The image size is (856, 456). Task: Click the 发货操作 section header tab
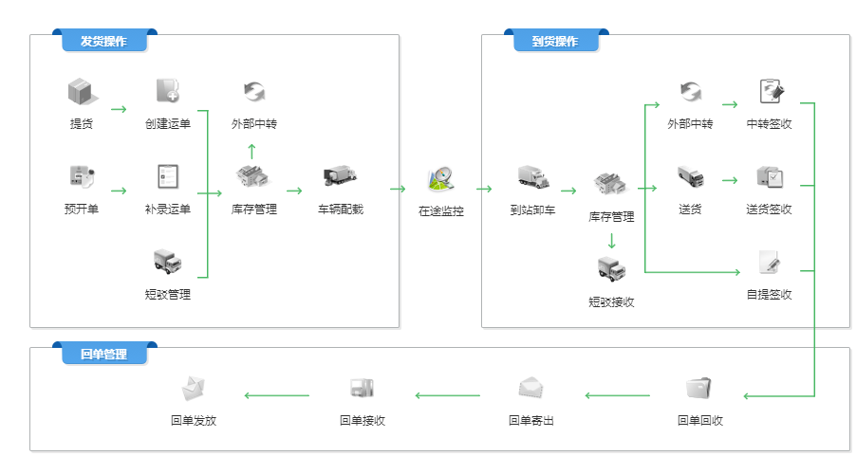pos(103,42)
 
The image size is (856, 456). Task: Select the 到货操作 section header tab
pos(555,42)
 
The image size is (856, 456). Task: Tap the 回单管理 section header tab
pos(103,354)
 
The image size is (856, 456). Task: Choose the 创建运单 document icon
pos(168,91)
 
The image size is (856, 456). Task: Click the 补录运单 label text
pos(168,209)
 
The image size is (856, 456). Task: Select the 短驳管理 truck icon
pos(168,262)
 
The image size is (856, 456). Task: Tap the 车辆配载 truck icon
pos(340,176)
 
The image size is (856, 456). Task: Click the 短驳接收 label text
pos(611,301)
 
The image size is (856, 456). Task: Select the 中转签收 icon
pos(770,92)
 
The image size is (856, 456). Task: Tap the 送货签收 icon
pos(769,176)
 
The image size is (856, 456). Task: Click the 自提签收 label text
pos(769,294)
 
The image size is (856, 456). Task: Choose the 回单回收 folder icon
pos(700,388)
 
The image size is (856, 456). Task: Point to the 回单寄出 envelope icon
pos(531,388)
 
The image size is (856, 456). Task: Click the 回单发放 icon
pos(194,388)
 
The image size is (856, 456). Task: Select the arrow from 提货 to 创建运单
pos(119,109)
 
